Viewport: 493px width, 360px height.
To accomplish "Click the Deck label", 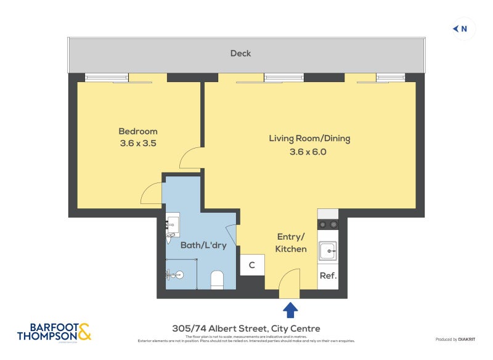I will pyautogui.click(x=240, y=54).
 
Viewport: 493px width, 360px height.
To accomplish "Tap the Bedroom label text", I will pyautogui.click(x=138, y=131).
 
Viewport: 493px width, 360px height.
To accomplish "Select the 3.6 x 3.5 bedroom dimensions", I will pyautogui.click(x=138, y=144).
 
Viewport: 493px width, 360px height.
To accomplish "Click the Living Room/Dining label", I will pyautogui.click(x=309, y=138).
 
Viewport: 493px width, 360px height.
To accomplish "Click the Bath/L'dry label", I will pyautogui.click(x=203, y=245).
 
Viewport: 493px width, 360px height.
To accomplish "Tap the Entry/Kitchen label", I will pyautogui.click(x=291, y=243).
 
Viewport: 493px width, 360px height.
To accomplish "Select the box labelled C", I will pyautogui.click(x=252, y=266).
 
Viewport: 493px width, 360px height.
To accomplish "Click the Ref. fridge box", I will pyautogui.click(x=328, y=276).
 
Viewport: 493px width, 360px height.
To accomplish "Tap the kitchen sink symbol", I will pyautogui.click(x=327, y=251).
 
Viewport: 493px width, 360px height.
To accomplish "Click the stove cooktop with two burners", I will pyautogui.click(x=328, y=224).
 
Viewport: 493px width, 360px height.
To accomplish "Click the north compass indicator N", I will pyautogui.click(x=460, y=28).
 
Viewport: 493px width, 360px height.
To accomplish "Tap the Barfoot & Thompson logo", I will pyautogui.click(x=54, y=331).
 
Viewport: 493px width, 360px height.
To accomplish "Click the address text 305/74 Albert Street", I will pyautogui.click(x=246, y=329).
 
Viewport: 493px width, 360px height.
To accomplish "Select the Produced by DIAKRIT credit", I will pyautogui.click(x=457, y=340).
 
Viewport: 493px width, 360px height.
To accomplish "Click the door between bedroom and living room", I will pyautogui.click(x=191, y=159).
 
